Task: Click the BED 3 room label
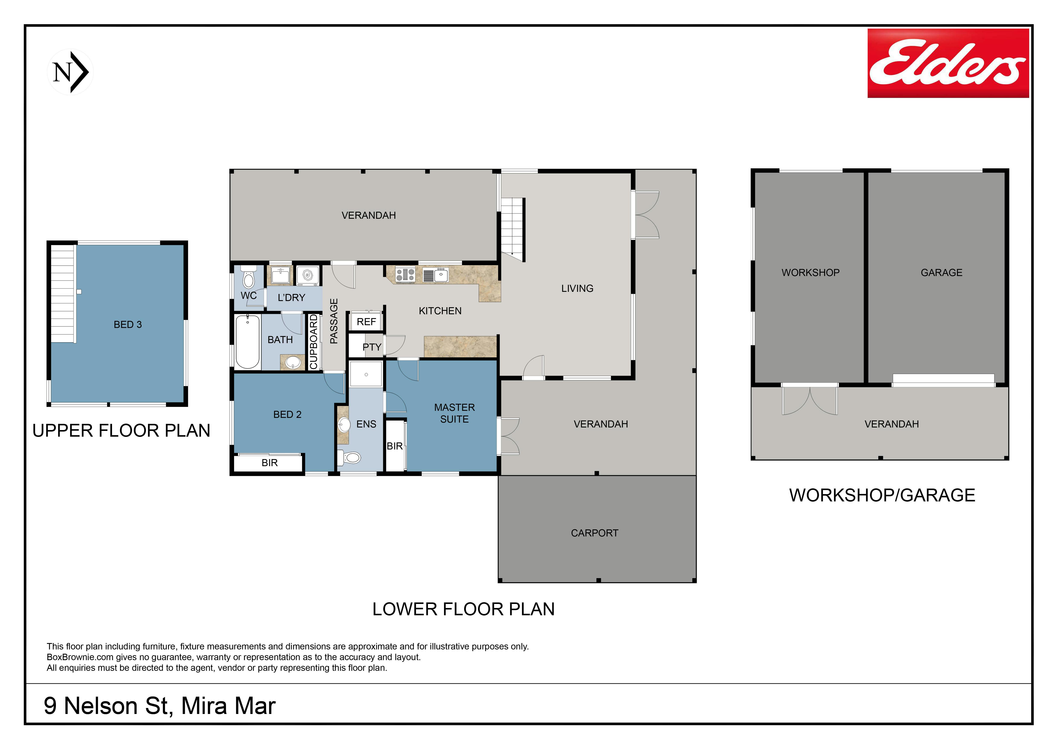128,325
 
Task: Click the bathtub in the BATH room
248,342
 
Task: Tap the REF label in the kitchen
366,322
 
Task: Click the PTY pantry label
372,347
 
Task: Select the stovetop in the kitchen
405,275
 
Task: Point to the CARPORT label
595,533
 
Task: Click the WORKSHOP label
810,273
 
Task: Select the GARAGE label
941,273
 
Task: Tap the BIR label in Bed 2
270,463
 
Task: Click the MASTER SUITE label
454,413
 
